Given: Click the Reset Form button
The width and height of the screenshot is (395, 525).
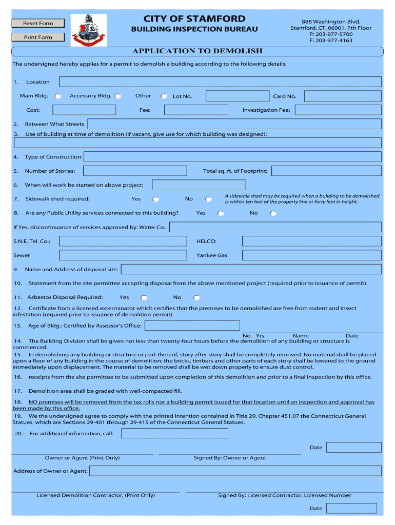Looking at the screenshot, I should pos(38,23).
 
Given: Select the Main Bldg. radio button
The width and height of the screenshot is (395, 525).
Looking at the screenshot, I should pos(58,96).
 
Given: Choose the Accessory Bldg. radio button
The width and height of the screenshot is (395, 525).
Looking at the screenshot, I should pos(118,96).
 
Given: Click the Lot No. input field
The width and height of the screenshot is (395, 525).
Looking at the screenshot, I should pos(238,96).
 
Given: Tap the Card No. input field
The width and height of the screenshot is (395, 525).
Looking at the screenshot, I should pos(342,96).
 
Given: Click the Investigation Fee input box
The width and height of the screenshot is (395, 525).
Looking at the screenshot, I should pos(338,110).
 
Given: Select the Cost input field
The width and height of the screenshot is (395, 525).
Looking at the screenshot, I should pos(85,110).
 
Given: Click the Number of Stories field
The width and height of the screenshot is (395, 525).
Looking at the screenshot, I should pos(135,171).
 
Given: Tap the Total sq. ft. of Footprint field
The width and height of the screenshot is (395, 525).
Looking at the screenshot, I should pos(326,171).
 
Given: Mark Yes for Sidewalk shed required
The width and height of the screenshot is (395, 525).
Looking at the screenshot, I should pos(155,199).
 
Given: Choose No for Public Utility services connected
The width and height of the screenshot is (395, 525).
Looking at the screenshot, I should pos(273,213).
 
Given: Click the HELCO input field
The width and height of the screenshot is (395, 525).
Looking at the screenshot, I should pos(311,241).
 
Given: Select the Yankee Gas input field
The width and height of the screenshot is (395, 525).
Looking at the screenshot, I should pos(311,255).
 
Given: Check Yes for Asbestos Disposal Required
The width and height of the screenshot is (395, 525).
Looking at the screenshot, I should pos(144,297).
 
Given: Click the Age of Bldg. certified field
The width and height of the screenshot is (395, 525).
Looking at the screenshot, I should pos(192,326).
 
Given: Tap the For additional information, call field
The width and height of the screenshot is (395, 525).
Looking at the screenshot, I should pos(174,434).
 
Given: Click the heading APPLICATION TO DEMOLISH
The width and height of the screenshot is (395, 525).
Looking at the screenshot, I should pos(197,51).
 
